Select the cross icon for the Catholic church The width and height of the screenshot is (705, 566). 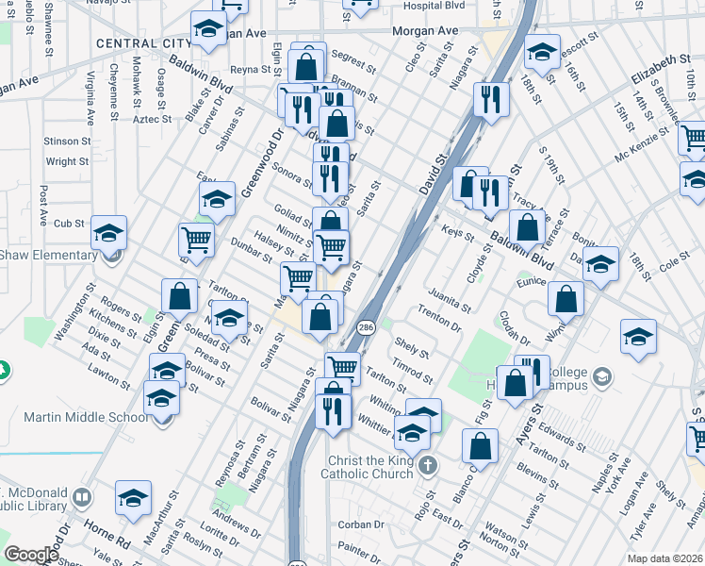pyautogui.click(x=428, y=465)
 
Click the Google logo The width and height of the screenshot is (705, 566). pyautogui.click(x=31, y=556)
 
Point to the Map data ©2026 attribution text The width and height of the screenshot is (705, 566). pyautogui.click(x=664, y=558)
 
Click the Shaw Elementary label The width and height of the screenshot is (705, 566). pyautogui.click(x=47, y=255)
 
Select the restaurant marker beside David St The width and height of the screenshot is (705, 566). pyautogui.click(x=489, y=100)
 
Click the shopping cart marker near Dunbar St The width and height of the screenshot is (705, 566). pyautogui.click(x=196, y=241)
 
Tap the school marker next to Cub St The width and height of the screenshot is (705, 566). pyautogui.click(x=109, y=232)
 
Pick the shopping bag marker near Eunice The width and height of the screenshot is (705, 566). pyautogui.click(x=566, y=299)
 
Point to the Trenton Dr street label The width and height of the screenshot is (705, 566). pyautogui.click(x=439, y=321)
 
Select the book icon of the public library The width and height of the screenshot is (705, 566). pyautogui.click(x=83, y=497)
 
